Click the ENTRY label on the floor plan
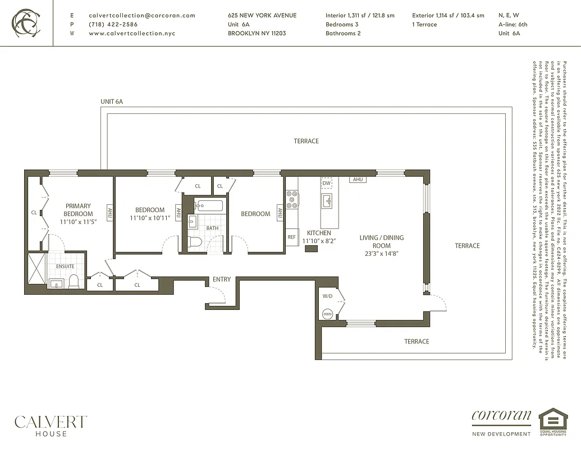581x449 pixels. [x=222, y=280]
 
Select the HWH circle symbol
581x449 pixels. [x=328, y=314]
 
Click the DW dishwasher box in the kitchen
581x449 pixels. [x=327, y=183]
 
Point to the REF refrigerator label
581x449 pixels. [x=291, y=237]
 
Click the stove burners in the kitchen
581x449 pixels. [x=292, y=200]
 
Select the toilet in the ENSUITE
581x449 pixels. [x=74, y=281]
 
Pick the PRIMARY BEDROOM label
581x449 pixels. [x=78, y=210]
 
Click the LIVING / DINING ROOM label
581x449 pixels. [x=381, y=241]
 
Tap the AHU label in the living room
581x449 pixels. [x=356, y=180]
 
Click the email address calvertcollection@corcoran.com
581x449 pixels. [x=141, y=16]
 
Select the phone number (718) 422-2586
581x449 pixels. [x=113, y=25]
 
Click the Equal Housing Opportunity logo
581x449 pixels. [x=553, y=421]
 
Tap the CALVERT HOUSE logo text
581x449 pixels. [x=51, y=425]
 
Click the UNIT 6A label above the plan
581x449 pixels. [x=111, y=102]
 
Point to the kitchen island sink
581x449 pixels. [x=327, y=200]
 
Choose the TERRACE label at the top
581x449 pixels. [x=306, y=141]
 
